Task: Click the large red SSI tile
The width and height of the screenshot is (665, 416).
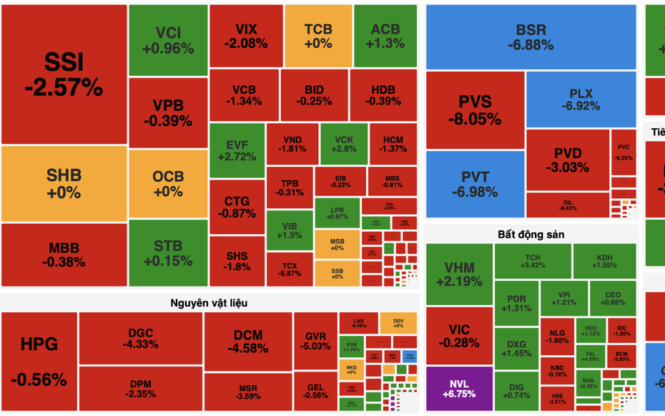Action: coord(64,74)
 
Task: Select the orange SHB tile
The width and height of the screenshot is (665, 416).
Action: coord(64,183)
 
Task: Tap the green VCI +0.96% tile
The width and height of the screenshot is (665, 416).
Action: coord(168,40)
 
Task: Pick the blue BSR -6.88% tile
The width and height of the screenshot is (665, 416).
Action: coord(531,37)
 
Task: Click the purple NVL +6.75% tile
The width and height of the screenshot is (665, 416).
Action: coord(459,388)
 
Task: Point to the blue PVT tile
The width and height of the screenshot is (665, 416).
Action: coord(475,184)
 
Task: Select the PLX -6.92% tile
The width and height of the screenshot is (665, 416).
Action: coord(581,100)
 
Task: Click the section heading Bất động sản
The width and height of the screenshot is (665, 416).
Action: coord(531,234)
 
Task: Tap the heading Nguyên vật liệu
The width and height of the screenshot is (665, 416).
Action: coord(210,303)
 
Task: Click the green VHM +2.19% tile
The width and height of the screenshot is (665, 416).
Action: coord(459,274)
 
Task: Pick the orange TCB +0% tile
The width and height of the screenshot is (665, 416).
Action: coord(317,35)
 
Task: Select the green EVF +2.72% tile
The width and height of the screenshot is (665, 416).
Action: coord(236,150)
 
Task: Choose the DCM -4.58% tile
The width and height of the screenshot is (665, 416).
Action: coord(247,341)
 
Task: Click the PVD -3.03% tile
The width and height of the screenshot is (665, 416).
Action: coord(568,160)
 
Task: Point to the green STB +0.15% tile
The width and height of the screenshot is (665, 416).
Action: coord(168,253)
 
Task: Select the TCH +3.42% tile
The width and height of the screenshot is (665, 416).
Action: coord(533,261)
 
